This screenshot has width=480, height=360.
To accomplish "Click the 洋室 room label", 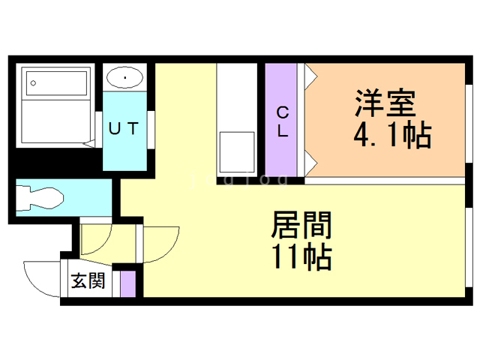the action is pyautogui.click(x=385, y=103).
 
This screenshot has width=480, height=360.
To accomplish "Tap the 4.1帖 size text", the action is pyautogui.click(x=392, y=135).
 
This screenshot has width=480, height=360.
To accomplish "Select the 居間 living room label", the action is pyautogui.click(x=301, y=225).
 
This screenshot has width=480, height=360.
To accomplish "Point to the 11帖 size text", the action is pyautogui.click(x=301, y=256).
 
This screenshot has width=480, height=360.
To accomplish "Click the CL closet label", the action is pyautogui.click(x=282, y=121).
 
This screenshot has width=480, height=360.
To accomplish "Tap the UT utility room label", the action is pyautogui.click(x=124, y=128).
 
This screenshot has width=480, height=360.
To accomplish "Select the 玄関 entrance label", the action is pyautogui.click(x=88, y=280).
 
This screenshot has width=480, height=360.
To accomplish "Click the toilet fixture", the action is pyautogui.click(x=40, y=198).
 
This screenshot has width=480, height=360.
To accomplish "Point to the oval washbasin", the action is pyautogui.click(x=124, y=77).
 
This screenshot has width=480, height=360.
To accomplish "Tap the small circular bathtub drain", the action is pyautogui.click(x=33, y=83).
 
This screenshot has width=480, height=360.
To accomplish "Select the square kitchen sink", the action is pyautogui.click(x=237, y=152).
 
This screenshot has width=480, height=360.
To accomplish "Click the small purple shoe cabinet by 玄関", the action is pyautogui.click(x=127, y=283).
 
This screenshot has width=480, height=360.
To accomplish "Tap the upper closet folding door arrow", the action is pyautogui.click(x=311, y=77).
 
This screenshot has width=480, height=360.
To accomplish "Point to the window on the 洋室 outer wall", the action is pyautogui.click(x=468, y=123).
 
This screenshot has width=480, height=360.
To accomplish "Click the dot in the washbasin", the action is pyautogui.click(x=125, y=78).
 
